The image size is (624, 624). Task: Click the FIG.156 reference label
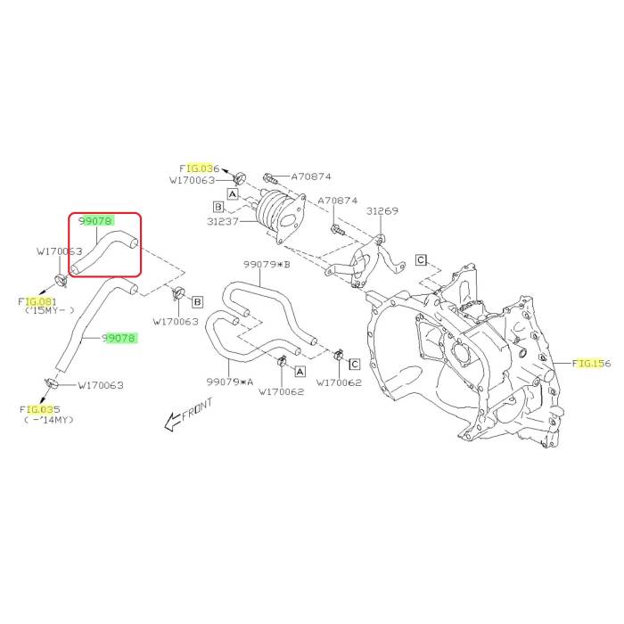[592, 363]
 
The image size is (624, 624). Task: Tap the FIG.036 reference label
[200, 168]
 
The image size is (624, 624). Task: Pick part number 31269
[383, 211]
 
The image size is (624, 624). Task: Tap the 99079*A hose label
[230, 381]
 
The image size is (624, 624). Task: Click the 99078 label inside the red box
[94, 219]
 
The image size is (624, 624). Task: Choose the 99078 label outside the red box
[119, 338]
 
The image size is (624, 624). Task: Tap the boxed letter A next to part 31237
[232, 193]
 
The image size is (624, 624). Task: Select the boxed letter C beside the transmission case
[420, 259]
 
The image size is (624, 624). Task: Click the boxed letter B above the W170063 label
[197, 301]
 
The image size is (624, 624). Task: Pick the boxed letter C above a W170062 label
[354, 364]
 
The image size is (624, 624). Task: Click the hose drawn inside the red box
[103, 249]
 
